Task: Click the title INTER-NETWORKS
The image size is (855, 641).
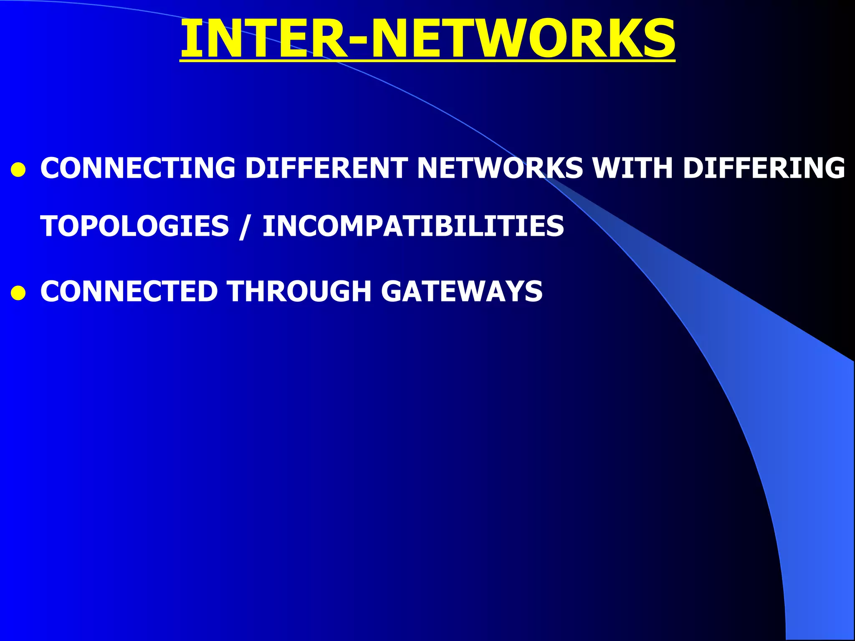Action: point(427,38)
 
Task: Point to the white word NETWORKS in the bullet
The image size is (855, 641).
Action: point(500,168)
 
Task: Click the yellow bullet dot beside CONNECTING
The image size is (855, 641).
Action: point(18,170)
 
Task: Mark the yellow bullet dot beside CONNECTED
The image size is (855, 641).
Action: point(18,293)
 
